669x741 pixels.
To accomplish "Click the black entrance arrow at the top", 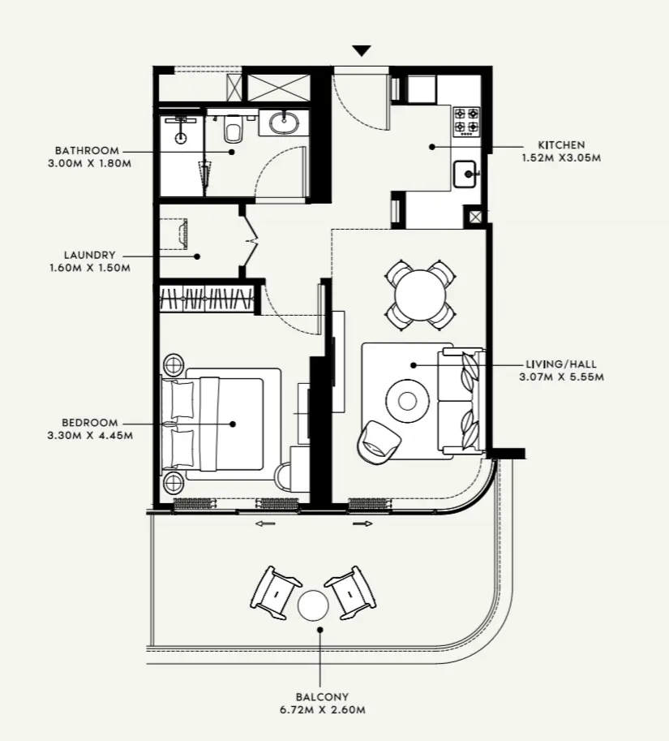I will click(362, 51).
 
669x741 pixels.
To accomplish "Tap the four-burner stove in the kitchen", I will click(466, 120).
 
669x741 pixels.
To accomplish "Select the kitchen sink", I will click(465, 174).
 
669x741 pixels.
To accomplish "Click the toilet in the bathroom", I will click(234, 129).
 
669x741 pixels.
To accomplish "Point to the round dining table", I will click(420, 293).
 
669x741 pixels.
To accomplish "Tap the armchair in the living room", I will click(378, 442).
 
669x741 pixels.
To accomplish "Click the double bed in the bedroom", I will click(223, 423).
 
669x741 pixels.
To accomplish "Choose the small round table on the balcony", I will click(312, 605).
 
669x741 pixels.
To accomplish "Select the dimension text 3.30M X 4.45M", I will click(90, 435).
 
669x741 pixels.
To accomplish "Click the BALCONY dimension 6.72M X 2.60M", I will click(322, 709).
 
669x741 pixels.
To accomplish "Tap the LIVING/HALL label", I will click(560, 364).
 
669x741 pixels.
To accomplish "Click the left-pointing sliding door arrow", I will click(265, 524).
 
